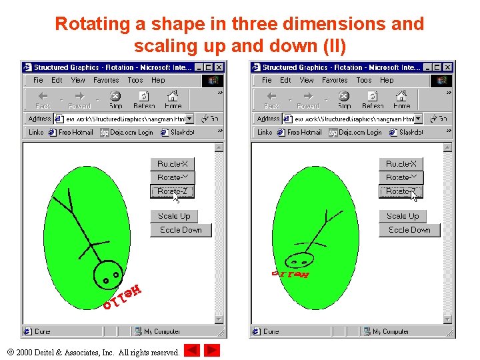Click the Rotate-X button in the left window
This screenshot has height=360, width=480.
click(x=172, y=163)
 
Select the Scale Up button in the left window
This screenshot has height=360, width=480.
click(x=174, y=216)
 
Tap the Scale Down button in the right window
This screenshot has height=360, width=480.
click(x=409, y=230)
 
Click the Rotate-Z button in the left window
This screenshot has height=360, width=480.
click(x=172, y=191)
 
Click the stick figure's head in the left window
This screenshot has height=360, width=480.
click(x=107, y=273)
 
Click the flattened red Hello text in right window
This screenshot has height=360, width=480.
click(x=290, y=274)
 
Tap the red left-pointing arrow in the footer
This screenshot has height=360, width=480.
click(x=191, y=351)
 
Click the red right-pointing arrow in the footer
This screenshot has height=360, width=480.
click(x=212, y=351)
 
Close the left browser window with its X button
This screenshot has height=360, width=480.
click(x=219, y=67)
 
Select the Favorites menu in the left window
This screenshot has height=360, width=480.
click(x=106, y=80)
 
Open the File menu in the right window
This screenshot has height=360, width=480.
click(x=267, y=80)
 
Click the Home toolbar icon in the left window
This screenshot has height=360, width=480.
click(x=173, y=100)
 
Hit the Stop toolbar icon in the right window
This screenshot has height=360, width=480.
click(x=344, y=100)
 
